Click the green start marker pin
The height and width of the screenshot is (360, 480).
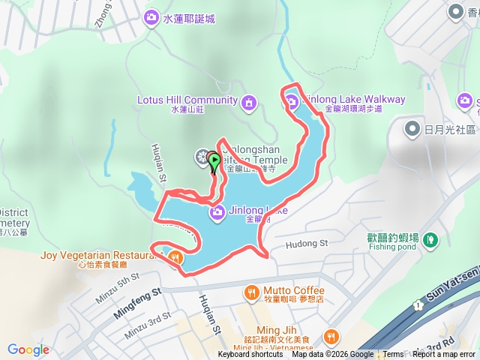click(x=213, y=160)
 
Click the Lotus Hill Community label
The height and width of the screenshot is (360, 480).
click(x=187, y=99)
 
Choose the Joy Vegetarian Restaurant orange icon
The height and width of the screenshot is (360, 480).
click(x=175, y=256)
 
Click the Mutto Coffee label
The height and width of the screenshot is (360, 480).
click(x=293, y=289)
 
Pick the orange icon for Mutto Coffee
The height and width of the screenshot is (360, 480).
click(x=250, y=291)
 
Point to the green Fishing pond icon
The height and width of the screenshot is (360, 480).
click(x=430, y=240)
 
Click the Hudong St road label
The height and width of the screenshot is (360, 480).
click(x=307, y=243)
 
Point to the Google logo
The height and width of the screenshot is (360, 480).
click(x=28, y=349)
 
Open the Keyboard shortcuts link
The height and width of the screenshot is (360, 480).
click(x=250, y=355)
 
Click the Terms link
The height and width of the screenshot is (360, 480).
click(x=393, y=355)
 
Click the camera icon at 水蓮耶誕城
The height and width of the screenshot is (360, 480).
click(x=151, y=16)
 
